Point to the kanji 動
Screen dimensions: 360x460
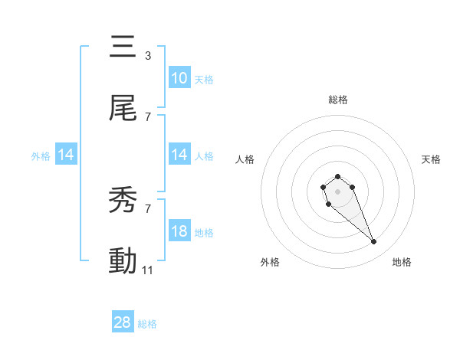[x=123, y=261]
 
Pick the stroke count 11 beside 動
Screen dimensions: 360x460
[x=148, y=270]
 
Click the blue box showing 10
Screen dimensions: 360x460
[x=179, y=78]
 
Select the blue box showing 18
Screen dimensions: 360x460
[x=179, y=231]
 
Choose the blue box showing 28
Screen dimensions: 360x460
[x=123, y=322]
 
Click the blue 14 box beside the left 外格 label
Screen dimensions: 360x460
[x=66, y=155]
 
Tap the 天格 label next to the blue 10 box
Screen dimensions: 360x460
[x=204, y=79]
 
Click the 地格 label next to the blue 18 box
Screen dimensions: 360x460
[x=204, y=232]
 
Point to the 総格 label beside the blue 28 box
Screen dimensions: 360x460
[x=147, y=324]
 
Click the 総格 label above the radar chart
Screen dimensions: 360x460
[x=337, y=100]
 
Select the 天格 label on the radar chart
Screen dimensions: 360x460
[x=431, y=159]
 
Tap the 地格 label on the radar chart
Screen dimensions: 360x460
[x=402, y=262]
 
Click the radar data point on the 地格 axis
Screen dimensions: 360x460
[x=374, y=242]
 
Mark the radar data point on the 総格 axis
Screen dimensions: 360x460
[x=337, y=177]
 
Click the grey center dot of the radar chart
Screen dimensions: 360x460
[x=337, y=191]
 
